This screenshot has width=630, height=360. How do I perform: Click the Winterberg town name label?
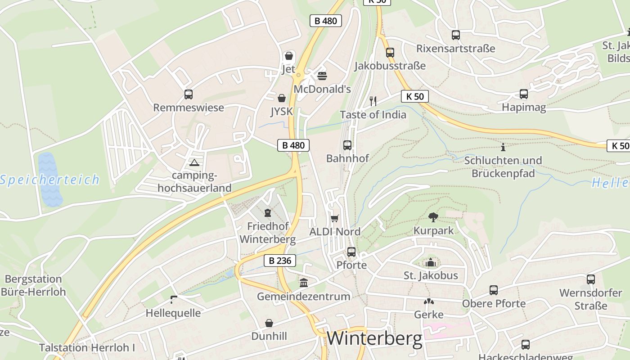374,338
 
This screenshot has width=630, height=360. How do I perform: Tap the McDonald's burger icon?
322,76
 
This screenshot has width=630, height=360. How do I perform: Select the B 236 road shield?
279,261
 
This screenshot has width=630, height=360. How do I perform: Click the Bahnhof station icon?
347,145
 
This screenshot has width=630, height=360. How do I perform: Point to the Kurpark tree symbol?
433,217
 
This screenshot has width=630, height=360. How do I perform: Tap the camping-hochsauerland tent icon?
194,162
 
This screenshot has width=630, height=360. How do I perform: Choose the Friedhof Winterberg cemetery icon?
268,212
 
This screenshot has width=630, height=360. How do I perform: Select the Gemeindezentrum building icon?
304,283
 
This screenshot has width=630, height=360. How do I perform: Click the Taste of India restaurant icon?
373,101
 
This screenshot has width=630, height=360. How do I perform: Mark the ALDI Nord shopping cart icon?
334,219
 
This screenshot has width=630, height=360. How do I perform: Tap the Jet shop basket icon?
288,56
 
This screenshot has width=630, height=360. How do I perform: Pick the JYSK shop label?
282,111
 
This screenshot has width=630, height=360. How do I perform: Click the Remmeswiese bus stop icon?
189,94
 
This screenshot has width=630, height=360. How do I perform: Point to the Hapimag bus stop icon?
523,94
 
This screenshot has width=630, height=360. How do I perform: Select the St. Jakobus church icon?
431,262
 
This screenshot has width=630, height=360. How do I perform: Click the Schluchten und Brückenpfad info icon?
503,147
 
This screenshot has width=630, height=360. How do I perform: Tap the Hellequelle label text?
173,313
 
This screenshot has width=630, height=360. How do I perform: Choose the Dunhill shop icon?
269,323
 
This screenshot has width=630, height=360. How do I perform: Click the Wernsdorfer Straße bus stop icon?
590,279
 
